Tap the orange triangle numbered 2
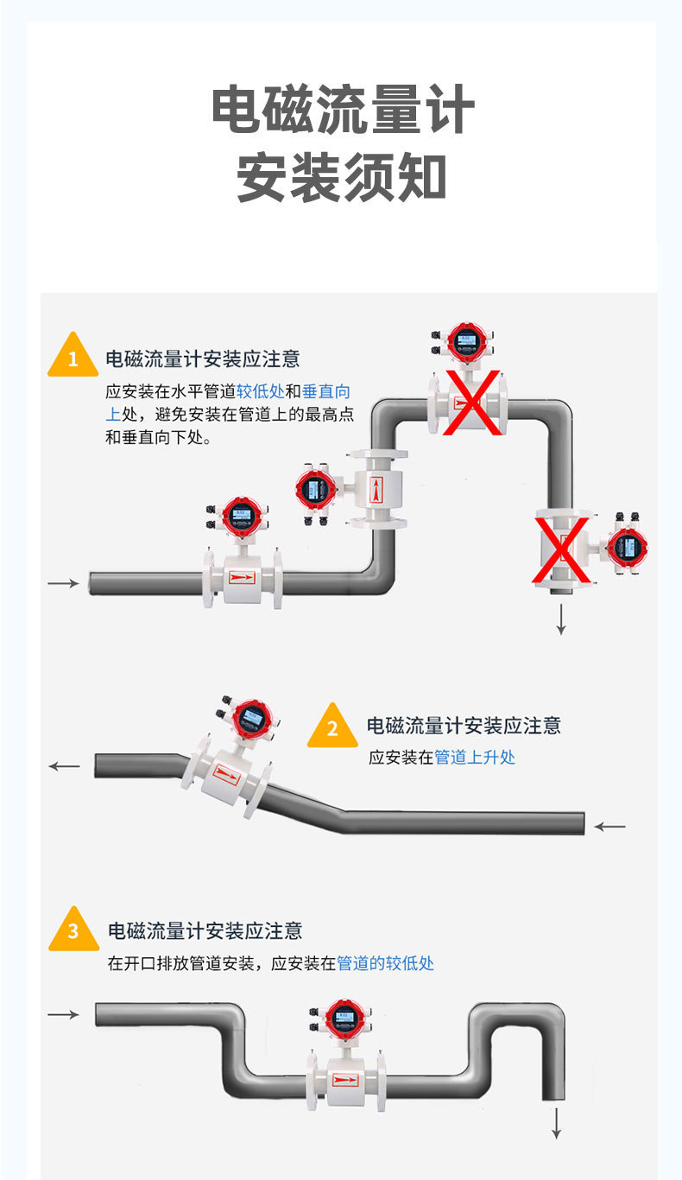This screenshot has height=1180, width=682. [332, 728]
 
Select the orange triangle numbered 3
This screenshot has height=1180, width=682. [73, 931]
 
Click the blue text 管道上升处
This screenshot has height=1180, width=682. [475, 758]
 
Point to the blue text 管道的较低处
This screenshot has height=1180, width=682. [385, 963]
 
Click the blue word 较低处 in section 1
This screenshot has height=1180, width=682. [261, 390]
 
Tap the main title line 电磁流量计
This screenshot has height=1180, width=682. [343, 111]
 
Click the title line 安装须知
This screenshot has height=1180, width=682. [343, 177]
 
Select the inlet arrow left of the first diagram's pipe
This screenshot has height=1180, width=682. [63, 584]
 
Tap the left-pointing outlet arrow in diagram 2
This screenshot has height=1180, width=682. [64, 766]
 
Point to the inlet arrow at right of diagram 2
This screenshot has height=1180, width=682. [610, 827]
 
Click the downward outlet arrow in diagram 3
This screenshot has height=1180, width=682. [557, 1122]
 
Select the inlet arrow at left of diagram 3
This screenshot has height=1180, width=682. [63, 1014]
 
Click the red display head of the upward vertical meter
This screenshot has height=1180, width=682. [314, 490]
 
